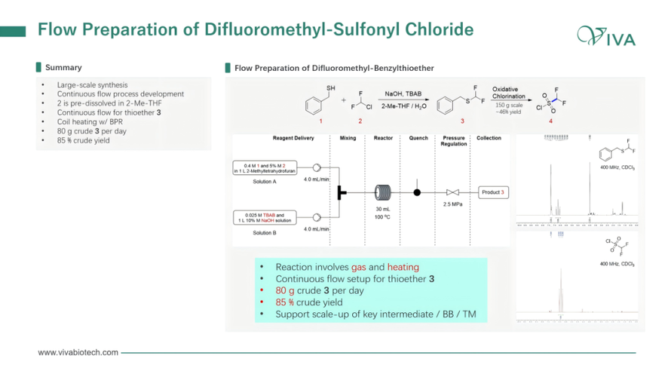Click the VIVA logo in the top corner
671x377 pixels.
606,35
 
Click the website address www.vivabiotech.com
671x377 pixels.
78,352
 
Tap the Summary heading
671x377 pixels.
63,68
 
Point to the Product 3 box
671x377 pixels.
492,192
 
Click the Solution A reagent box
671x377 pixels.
264,167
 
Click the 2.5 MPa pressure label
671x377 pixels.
453,204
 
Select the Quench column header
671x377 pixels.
418,138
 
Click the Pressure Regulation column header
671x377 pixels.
453,141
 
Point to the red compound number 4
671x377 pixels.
550,121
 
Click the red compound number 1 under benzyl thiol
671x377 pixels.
320,121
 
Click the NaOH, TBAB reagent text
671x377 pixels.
403,93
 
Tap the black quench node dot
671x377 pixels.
417,192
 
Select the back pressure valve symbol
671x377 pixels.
453,192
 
